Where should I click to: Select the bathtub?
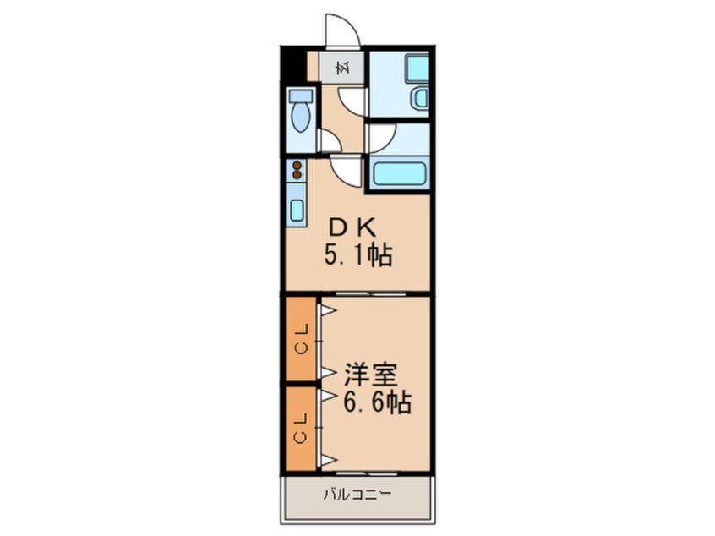[x=400, y=175]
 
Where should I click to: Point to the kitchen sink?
[x=297, y=207]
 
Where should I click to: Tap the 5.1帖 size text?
[x=358, y=254]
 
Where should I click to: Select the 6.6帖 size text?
[x=377, y=403]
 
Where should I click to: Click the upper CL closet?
[x=301, y=338]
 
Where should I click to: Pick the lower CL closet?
[x=301, y=427]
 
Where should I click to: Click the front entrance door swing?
[x=341, y=31]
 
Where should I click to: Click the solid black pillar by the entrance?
[x=294, y=66]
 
